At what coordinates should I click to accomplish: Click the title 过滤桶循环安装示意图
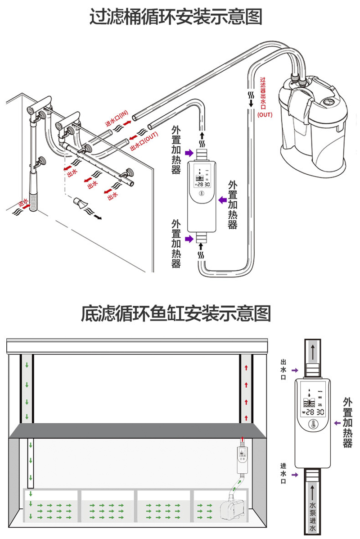[175, 18]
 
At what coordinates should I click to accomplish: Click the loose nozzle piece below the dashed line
[81, 203]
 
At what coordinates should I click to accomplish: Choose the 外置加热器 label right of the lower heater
[347, 422]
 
